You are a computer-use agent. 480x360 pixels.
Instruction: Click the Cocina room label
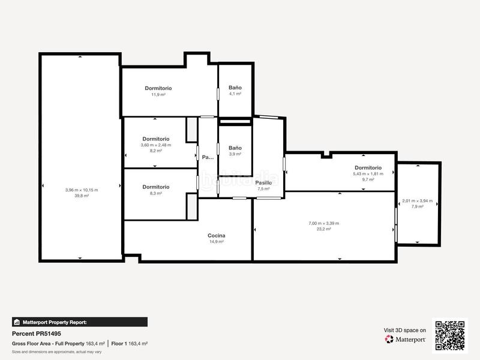tap(216, 236)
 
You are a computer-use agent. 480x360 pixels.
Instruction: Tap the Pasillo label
tap(264, 182)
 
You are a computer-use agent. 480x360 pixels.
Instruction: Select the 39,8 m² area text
tap(82, 196)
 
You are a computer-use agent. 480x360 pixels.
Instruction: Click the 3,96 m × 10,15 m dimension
tap(82, 190)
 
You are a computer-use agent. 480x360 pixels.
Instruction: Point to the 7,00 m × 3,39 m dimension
tap(324, 223)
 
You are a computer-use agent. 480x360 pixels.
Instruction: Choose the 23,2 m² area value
tap(324, 229)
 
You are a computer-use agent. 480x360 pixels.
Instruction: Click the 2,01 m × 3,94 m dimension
tap(417, 201)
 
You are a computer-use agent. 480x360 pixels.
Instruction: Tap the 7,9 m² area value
tap(417, 206)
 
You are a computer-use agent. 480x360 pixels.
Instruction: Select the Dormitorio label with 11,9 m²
tap(158, 88)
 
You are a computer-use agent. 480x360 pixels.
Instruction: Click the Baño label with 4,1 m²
tap(235, 88)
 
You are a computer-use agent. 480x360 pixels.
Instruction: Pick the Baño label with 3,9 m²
tap(235, 148)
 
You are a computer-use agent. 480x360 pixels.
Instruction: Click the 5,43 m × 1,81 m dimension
tap(368, 174)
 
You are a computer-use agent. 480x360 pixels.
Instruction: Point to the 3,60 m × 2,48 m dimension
tap(156, 145)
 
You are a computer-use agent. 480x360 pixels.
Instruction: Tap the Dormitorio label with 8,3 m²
tap(156, 187)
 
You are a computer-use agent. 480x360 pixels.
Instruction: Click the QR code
tap(451, 335)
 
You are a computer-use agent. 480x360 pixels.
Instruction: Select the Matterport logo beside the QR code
tap(406, 339)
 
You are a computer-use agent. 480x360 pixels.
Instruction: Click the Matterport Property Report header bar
tap(79, 322)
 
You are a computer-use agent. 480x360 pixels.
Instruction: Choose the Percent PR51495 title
tap(37, 334)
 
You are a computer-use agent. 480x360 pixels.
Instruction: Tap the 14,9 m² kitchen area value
tap(216, 242)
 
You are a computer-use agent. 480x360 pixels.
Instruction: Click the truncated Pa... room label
tap(208, 157)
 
